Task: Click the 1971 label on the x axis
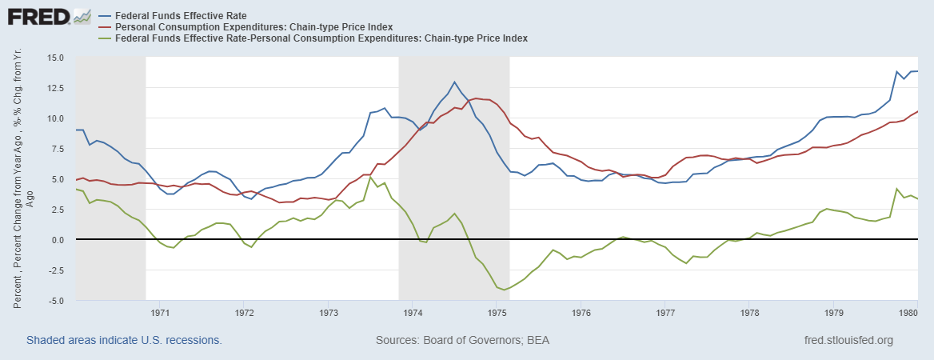[160, 312]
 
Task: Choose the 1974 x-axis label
[413, 312]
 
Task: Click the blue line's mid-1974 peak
[455, 82]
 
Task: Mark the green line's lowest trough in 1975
[504, 290]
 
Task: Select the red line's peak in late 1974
[477, 98]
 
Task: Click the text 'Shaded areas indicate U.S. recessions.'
[124, 340]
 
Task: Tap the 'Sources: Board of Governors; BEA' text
[462, 340]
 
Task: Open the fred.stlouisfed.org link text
[848, 340]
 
